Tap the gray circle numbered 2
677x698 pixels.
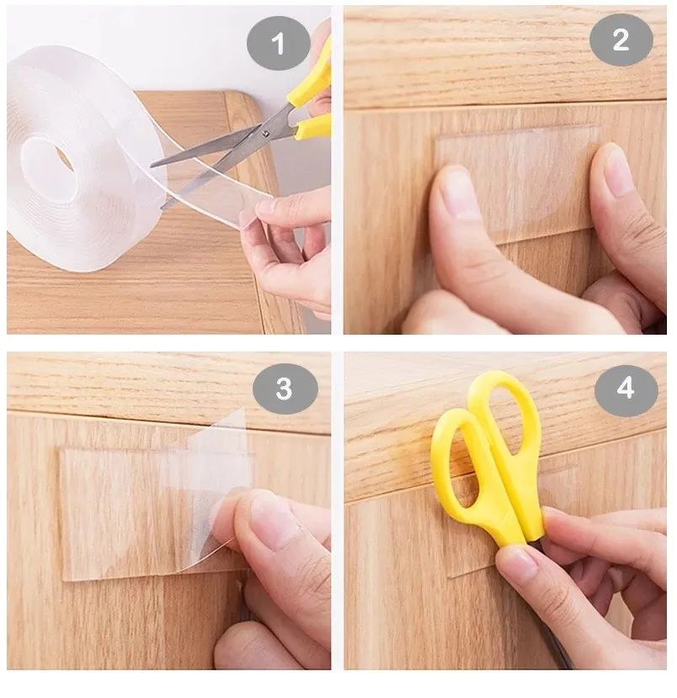point(621,40)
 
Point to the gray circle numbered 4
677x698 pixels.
point(626,389)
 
